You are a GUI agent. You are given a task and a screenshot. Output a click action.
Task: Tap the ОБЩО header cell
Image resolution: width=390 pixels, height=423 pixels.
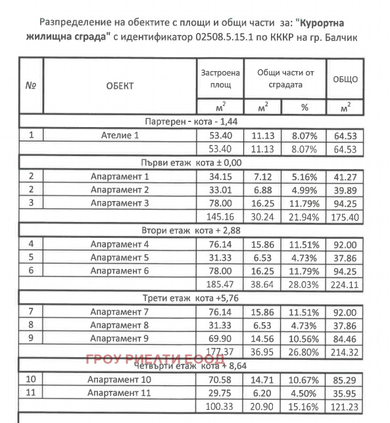(345, 80)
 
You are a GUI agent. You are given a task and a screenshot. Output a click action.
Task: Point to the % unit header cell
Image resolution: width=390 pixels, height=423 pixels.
(304, 107)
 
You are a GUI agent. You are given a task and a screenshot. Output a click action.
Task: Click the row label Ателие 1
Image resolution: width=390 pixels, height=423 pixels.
(120, 136)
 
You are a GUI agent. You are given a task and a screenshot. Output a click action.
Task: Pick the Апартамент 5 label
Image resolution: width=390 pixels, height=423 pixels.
(120, 257)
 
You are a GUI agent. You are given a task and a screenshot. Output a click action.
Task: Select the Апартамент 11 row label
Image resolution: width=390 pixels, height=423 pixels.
(120, 393)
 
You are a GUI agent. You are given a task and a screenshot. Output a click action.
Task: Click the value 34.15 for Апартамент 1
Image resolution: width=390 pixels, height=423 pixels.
(219, 177)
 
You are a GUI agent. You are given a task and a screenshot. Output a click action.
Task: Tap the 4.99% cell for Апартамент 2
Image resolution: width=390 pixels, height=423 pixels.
(304, 190)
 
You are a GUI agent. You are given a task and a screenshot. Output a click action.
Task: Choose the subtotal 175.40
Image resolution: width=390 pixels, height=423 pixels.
(345, 217)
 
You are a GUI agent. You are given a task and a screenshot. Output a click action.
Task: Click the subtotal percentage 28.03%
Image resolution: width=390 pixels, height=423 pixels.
(304, 285)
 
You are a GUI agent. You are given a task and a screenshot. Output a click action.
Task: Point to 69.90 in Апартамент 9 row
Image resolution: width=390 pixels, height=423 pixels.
(219, 339)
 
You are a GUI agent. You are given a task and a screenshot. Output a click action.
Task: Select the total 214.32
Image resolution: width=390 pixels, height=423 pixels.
(345, 352)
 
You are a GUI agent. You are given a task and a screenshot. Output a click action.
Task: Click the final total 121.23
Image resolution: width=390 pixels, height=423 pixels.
(345, 407)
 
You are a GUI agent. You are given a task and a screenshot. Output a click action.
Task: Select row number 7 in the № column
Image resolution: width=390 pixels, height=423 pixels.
(31, 311)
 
